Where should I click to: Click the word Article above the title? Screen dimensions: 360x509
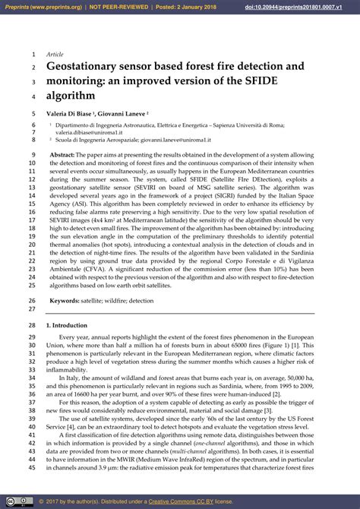55,55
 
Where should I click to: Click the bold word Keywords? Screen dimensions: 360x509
66,301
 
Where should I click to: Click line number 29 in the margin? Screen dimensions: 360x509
32,337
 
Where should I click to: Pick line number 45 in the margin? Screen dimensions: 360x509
32,468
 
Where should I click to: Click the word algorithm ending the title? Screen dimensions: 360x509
71,96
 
